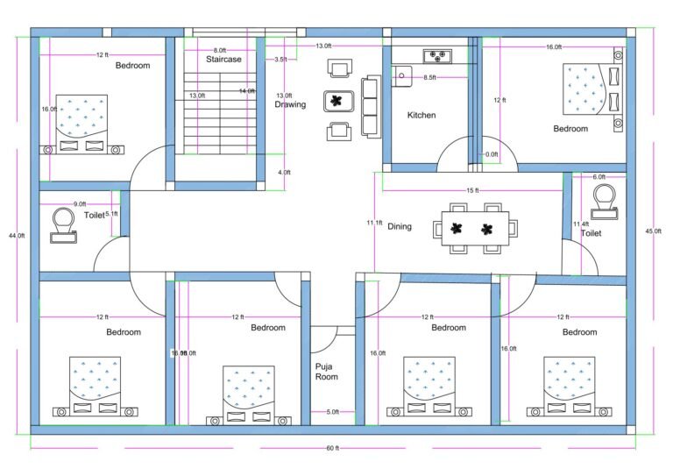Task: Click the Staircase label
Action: pyautogui.click(x=223, y=60)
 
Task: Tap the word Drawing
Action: pyautogui.click(x=290, y=104)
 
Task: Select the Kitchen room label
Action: pyautogui.click(x=422, y=115)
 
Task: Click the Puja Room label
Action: pyautogui.click(x=326, y=372)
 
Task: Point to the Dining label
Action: pyautogui.click(x=400, y=226)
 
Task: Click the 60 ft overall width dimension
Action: pyautogui.click(x=332, y=449)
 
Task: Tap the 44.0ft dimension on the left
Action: pyautogui.click(x=17, y=236)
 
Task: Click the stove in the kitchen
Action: pyautogui.click(x=436, y=58)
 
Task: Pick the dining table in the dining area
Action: pyautogui.click(x=471, y=230)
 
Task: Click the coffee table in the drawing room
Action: pyautogui.click(x=336, y=100)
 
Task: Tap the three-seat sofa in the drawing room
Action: pyautogui.click(x=370, y=106)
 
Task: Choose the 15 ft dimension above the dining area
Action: pyautogui.click(x=472, y=190)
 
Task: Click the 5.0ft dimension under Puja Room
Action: pyautogui.click(x=332, y=412)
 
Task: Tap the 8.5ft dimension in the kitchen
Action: pyautogui.click(x=429, y=78)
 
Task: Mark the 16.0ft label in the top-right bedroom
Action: pyautogui.click(x=553, y=46)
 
